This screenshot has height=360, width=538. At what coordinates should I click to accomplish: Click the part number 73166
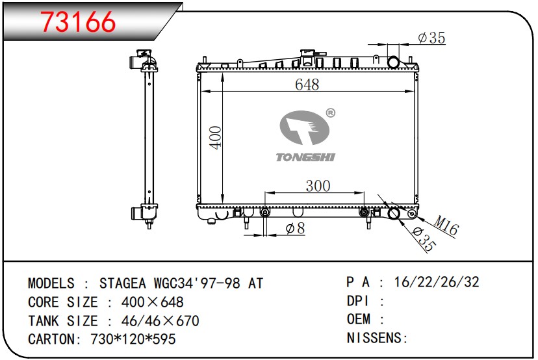[78, 21]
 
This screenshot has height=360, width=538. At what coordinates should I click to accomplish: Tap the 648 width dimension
[307, 84]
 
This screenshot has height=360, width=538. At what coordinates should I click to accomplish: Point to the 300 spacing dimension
[317, 186]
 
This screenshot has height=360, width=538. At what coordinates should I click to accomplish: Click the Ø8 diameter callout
[295, 228]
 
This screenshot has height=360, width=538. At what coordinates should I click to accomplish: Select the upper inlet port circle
[394, 62]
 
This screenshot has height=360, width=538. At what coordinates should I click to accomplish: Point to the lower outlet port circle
[394, 214]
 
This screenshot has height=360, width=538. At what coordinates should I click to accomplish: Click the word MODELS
[51, 283]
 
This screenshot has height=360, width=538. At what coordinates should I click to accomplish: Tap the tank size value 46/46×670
[153, 321]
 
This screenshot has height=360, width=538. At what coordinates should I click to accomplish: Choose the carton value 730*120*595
[130, 339]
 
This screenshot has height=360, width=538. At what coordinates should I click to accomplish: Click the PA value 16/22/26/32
[437, 282]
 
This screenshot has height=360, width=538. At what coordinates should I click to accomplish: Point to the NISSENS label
[375, 338]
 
